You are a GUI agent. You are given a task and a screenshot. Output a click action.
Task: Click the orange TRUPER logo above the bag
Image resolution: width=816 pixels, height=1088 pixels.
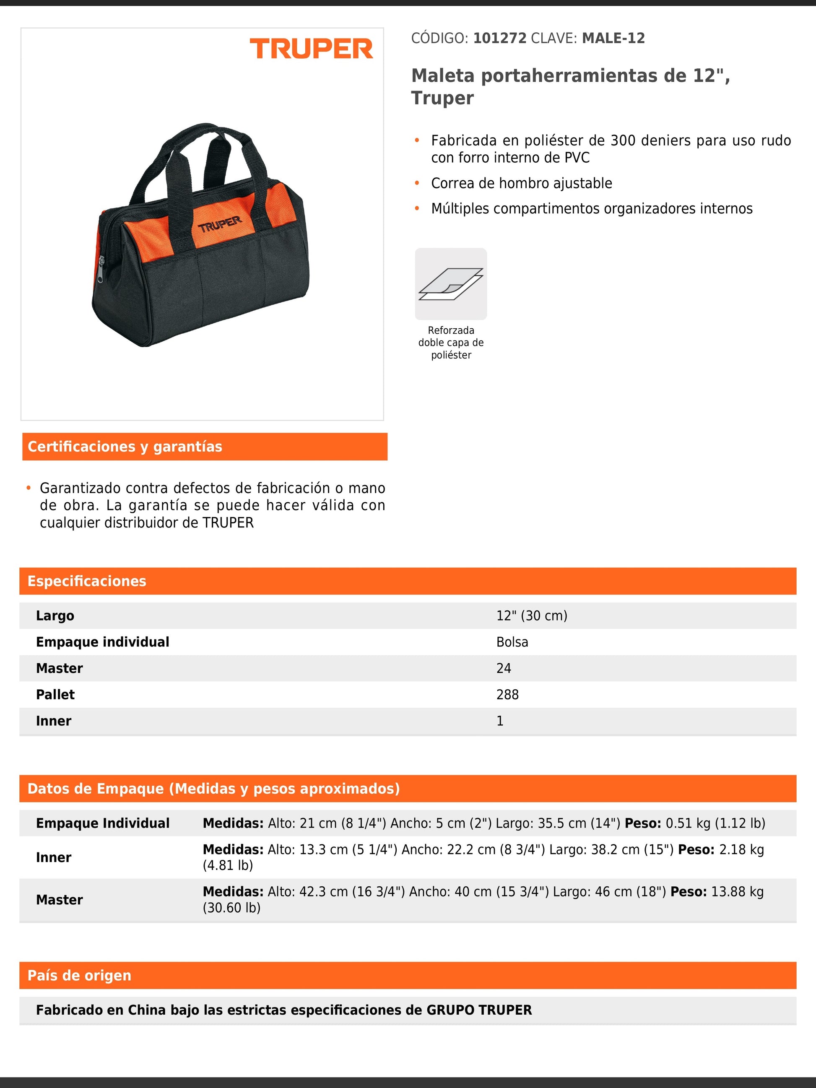[x=312, y=49]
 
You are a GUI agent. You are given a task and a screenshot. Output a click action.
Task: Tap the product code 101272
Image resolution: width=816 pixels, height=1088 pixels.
[x=499, y=39]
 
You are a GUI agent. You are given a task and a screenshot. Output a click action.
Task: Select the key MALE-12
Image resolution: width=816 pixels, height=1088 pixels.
[x=613, y=39]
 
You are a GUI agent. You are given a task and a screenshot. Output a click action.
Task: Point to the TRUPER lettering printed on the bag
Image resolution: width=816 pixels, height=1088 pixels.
[x=220, y=224]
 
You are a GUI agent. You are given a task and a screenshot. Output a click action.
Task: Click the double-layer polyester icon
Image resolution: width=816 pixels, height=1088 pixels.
[x=450, y=284]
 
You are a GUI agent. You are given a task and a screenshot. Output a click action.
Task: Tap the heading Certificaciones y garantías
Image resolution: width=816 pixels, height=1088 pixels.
[x=125, y=447]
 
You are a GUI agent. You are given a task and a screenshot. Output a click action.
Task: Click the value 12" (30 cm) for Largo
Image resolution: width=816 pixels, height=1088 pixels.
[x=531, y=616]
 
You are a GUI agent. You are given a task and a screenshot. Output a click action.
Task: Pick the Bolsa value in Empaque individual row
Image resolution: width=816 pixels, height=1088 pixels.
[x=512, y=642]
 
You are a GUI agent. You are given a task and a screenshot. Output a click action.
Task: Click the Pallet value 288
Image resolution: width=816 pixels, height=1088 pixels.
[x=507, y=694]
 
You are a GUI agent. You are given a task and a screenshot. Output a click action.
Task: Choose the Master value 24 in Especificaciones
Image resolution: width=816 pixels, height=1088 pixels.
[x=503, y=668]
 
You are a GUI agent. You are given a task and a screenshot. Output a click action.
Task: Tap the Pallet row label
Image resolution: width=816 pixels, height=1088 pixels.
[x=55, y=694]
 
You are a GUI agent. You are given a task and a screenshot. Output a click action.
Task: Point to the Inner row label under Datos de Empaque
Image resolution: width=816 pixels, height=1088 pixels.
[x=54, y=857]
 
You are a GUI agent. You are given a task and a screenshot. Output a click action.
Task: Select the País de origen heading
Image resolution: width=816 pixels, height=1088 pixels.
[x=79, y=975]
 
